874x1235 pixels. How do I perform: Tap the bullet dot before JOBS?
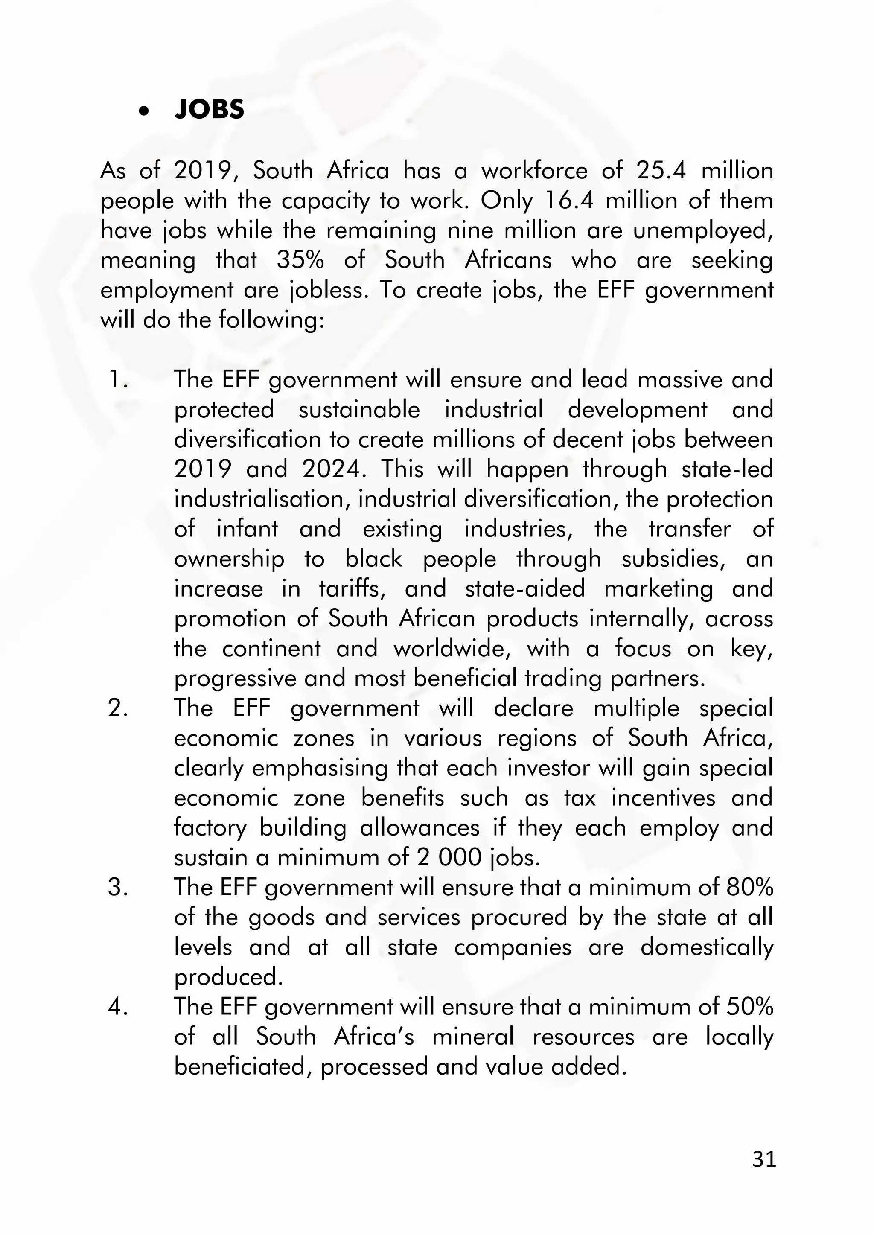[143, 111]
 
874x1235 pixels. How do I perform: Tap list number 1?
[118, 380]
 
